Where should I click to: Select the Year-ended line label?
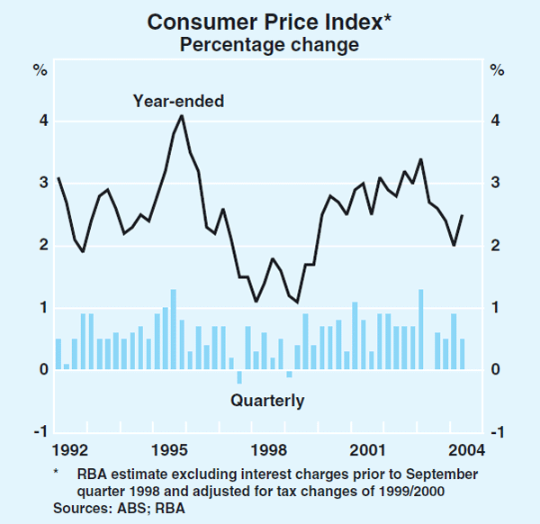click(x=178, y=101)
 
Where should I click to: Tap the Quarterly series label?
click(x=267, y=401)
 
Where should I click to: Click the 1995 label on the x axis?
click(x=170, y=450)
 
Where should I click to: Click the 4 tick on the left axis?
click(x=41, y=122)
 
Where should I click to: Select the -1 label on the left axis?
click(x=39, y=432)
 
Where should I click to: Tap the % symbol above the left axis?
click(x=40, y=69)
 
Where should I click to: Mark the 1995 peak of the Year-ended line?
click(x=182, y=115)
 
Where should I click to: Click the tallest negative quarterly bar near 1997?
click(x=239, y=377)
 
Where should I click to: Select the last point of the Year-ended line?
click(x=463, y=215)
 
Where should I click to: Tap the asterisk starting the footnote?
click(x=56, y=473)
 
